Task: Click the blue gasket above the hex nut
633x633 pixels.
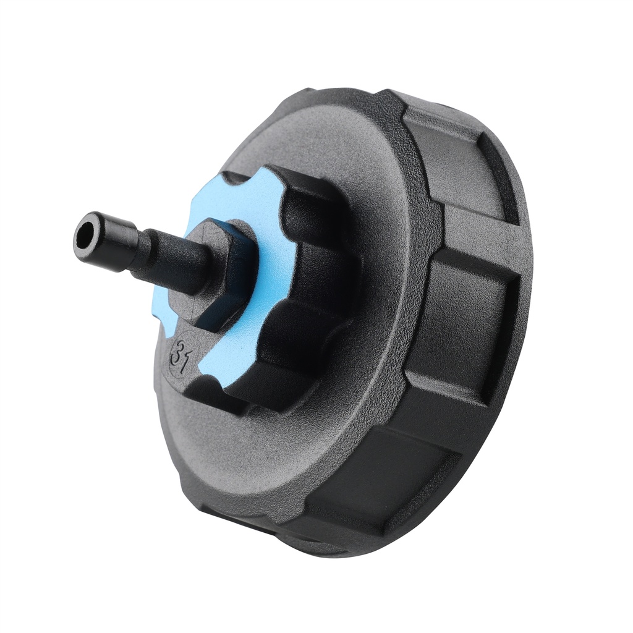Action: click(247, 198)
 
